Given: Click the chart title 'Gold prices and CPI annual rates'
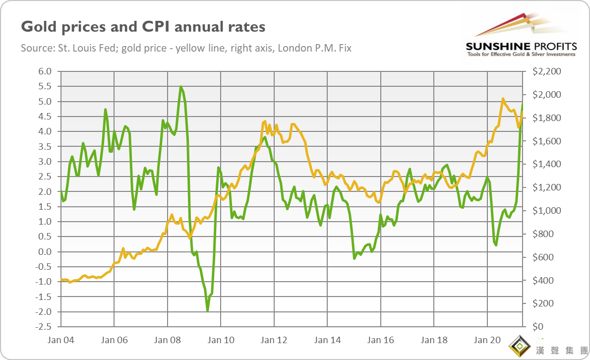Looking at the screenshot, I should (143, 27).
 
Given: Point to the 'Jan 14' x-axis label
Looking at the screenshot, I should (328, 340).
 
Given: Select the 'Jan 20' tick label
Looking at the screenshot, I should (487, 340).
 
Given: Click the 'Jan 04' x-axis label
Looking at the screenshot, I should (61, 340).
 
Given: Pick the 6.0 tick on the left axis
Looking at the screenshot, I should (45, 71).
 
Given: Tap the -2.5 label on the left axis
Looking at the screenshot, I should (43, 327).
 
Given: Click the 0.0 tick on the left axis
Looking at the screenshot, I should (45, 252).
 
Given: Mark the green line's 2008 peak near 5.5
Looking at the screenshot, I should (180, 87).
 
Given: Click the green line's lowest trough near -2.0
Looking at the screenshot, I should (207, 311).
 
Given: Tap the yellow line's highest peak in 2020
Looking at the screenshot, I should (503, 99).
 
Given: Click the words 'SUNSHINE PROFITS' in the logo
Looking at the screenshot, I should (521, 46).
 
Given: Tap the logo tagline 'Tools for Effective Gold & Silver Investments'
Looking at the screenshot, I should (521, 54).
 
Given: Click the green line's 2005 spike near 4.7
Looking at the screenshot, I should (106, 109).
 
